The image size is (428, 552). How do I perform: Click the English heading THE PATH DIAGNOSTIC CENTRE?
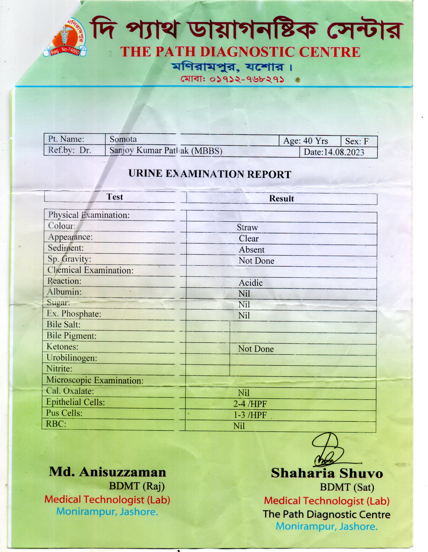240,52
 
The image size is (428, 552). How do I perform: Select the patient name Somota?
123,139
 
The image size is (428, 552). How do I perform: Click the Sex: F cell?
357,141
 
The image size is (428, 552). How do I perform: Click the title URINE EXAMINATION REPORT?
210,174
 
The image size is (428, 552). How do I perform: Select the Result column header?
281,199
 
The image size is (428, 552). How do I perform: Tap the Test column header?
114,197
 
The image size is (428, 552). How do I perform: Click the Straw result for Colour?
247,228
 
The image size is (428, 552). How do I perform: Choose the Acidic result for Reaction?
251,283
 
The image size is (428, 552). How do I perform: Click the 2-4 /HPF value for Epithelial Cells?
250,404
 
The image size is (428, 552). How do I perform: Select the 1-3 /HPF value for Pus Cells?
250,415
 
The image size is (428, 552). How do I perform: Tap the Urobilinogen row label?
72,358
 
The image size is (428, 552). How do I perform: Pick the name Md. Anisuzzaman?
107,472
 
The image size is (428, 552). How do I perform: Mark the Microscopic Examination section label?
95,380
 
